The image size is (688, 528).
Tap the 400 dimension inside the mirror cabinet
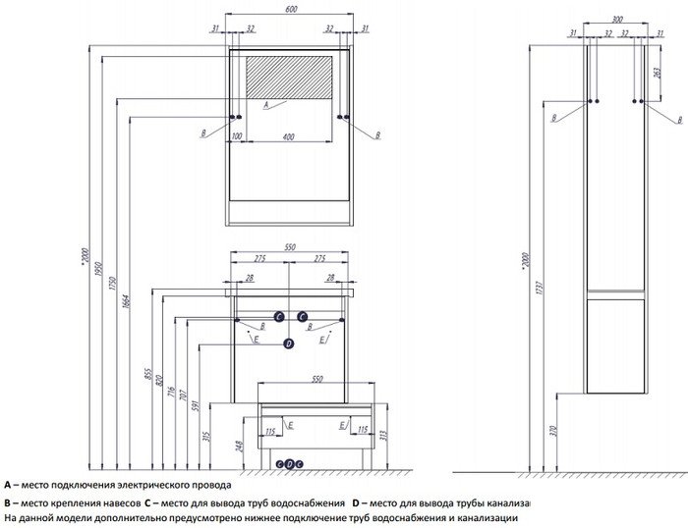coord(288,135)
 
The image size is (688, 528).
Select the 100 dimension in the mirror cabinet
coord(236,135)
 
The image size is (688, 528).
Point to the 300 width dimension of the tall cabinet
coord(616,19)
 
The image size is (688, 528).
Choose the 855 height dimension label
coord(147,377)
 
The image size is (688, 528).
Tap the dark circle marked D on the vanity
coord(289,343)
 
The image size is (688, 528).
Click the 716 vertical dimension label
coord(171,396)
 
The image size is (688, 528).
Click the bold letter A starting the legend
coord(7,485)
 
